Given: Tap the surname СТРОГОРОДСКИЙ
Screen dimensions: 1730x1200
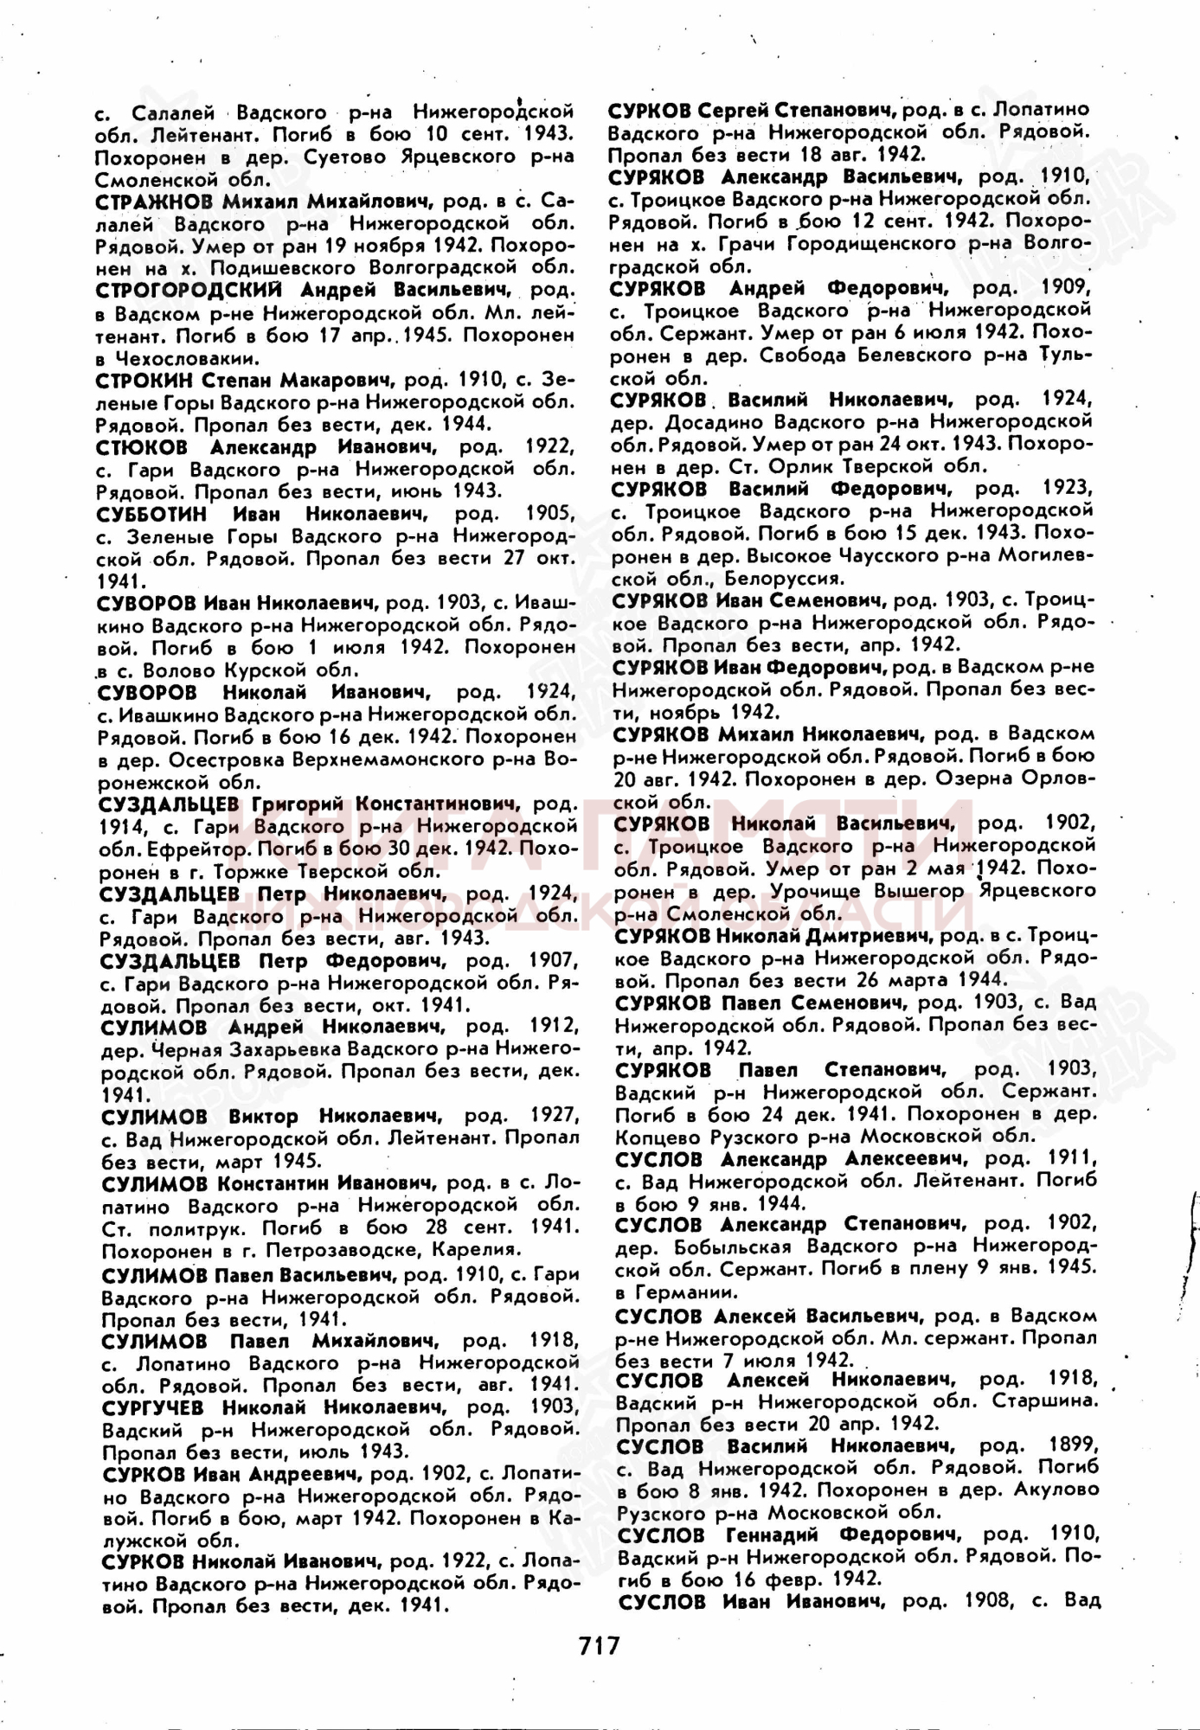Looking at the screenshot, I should tap(190, 290).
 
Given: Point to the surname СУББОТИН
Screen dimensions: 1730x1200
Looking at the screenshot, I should tap(152, 514).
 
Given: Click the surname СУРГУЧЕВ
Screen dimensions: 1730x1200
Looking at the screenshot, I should tap(154, 1407).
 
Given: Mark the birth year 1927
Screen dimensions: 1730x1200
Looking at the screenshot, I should tap(552, 1116).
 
